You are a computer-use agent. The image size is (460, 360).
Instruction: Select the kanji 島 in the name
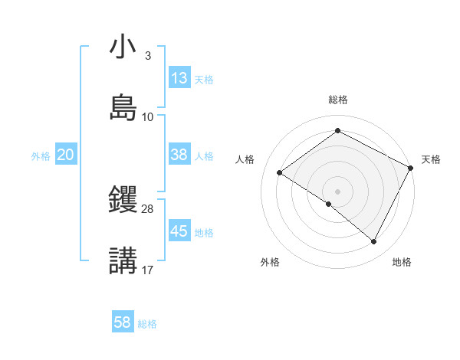(123, 107)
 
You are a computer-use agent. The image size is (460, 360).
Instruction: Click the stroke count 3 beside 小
(147, 56)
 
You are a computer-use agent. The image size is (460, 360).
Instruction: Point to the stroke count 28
(148, 209)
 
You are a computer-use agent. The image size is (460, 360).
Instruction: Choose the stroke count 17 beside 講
(148, 270)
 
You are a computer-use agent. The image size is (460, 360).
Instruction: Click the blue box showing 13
(179, 78)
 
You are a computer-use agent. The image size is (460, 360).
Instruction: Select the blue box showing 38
(179, 155)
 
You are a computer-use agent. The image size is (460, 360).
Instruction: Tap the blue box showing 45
(179, 231)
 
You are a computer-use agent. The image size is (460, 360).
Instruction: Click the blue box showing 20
(66, 155)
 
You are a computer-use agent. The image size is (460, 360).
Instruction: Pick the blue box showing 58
(123, 322)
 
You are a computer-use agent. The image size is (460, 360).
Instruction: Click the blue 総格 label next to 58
(147, 324)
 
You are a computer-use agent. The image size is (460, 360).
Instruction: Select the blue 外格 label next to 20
(41, 156)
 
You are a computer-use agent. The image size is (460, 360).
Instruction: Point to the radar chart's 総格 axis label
(338, 100)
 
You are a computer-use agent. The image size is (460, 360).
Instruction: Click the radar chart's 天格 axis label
(431, 159)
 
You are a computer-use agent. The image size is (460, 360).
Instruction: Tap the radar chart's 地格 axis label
(402, 262)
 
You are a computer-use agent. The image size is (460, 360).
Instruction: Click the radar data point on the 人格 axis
(280, 172)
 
